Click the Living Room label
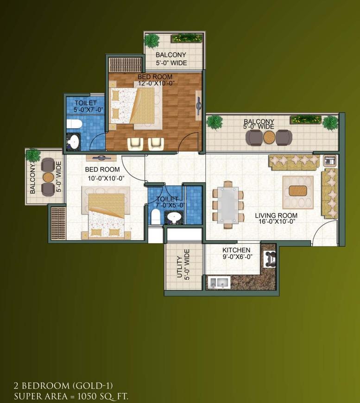276,215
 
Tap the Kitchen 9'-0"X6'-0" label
237,253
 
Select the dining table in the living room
228,205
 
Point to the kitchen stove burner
270,259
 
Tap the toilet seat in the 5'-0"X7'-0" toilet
74,124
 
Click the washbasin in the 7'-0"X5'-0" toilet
174,217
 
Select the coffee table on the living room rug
298,191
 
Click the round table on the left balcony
48,177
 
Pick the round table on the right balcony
269,137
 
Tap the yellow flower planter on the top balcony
187,38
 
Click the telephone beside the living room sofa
330,160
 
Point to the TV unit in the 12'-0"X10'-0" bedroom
199,105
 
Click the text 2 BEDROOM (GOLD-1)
63,385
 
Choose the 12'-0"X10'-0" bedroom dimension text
156,83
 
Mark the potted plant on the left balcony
33,156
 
